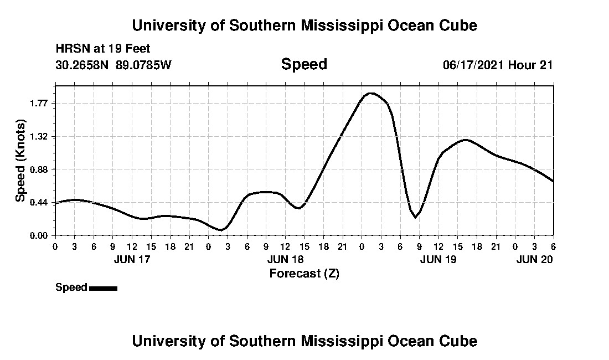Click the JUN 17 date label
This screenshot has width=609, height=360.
[x=131, y=259]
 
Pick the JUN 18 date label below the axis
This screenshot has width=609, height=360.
[x=285, y=259]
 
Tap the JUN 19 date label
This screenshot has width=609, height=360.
[x=438, y=259]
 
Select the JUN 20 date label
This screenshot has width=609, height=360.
[x=534, y=259]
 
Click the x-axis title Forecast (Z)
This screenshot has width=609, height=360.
[x=304, y=273]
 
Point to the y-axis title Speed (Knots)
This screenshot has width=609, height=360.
[x=20, y=161]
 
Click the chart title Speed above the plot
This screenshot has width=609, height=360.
[x=304, y=64]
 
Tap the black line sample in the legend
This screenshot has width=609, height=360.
[x=103, y=288]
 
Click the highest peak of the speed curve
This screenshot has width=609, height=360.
[x=370, y=93]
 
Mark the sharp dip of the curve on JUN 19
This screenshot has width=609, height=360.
[x=415, y=218]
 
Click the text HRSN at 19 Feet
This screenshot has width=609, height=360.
[x=103, y=49]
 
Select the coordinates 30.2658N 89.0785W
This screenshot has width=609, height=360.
[x=113, y=65]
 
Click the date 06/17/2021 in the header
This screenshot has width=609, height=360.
[x=473, y=65]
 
